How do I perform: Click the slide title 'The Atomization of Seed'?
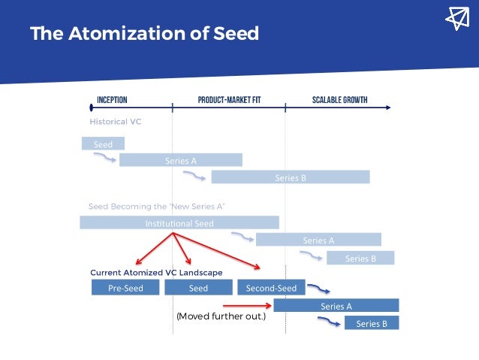(144, 34)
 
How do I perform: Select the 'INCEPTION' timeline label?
(112, 100)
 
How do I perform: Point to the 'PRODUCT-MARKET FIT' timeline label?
(229, 100)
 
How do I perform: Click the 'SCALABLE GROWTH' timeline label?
(339, 100)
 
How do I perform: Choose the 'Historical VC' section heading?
(116, 121)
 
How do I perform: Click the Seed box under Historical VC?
(103, 143)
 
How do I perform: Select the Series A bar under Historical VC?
(181, 160)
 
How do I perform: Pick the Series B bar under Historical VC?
(291, 177)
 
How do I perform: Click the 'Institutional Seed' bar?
(179, 222)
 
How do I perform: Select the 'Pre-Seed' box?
(125, 288)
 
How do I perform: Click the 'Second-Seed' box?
(271, 288)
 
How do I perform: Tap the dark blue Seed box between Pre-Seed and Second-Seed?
(198, 288)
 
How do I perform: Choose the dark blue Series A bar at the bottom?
(336, 306)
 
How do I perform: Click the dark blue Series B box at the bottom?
(372, 324)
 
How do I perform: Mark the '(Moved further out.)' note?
(221, 316)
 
